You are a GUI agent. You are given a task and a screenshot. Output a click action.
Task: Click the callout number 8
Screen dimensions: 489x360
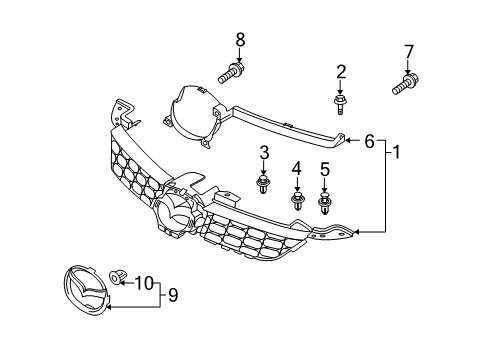240,40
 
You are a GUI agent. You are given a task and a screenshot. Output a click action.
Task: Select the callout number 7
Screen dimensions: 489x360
409,52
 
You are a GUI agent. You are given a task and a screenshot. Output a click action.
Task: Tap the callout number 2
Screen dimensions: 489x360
341,72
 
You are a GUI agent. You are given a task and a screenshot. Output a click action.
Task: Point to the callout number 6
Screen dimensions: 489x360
369,141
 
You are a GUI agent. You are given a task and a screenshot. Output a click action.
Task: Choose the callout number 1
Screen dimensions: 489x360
396,152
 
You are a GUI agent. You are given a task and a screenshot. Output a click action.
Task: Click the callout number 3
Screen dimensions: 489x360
264,152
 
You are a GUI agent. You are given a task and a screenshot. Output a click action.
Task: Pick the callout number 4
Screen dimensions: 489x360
296,168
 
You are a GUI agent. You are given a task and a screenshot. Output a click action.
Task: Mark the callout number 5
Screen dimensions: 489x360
325,169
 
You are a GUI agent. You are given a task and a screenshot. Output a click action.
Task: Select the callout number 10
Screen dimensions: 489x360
144,283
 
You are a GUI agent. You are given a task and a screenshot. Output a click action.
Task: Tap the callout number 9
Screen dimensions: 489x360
173,295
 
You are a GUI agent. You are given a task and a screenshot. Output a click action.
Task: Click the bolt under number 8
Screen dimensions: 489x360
231,72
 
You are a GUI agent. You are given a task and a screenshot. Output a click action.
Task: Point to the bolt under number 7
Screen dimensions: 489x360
405,84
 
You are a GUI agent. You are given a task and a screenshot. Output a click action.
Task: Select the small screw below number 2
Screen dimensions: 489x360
339,104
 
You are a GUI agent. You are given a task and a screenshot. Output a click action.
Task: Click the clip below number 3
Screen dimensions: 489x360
263,184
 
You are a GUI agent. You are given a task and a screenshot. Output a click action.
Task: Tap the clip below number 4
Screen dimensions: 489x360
297,201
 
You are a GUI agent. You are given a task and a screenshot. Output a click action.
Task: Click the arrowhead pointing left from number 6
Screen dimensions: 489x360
347,141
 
